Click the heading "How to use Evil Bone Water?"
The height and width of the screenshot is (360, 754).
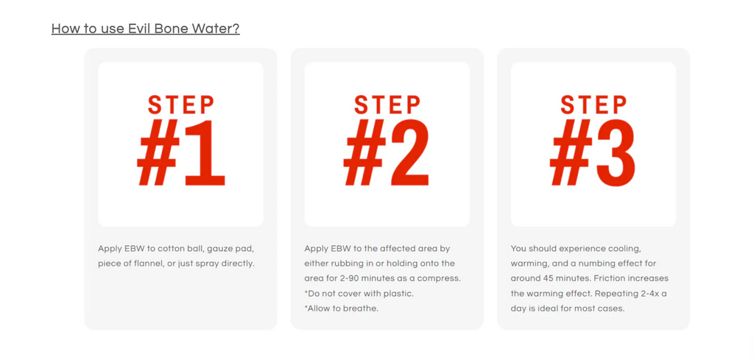(x=145, y=29)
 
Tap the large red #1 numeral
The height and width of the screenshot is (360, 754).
(x=181, y=153)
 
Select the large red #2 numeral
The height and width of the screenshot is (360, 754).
(x=387, y=153)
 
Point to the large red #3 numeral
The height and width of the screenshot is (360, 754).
(x=593, y=153)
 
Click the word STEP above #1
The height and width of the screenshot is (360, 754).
(x=181, y=105)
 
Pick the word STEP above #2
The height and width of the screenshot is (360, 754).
(x=387, y=105)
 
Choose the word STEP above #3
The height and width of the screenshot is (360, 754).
(x=593, y=105)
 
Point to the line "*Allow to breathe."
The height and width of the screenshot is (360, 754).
(x=342, y=308)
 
